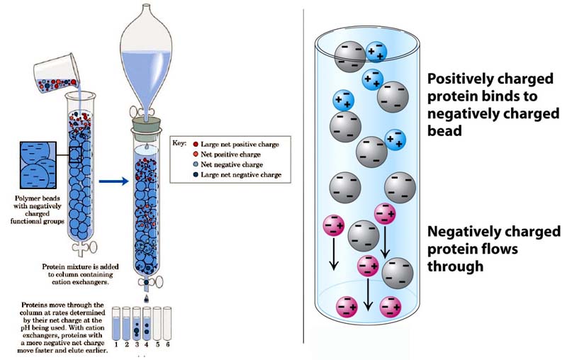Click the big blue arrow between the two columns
coord(112,181)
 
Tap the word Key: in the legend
coord(181,142)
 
